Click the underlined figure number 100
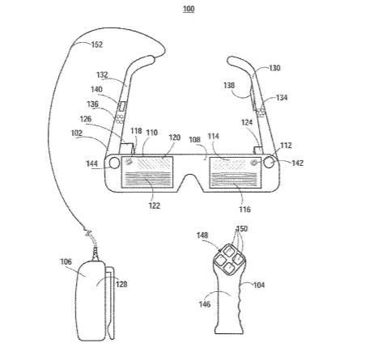189,9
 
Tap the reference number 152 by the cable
97,44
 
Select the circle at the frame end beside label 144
114,163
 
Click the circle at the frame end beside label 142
269,163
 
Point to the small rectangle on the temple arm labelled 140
122,106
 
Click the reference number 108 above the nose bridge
195,139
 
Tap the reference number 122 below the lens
154,205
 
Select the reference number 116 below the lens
244,210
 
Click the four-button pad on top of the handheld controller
229,260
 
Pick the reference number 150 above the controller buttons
242,229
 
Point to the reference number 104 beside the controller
259,285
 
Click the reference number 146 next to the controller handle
205,304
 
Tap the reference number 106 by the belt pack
66,261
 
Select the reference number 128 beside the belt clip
121,284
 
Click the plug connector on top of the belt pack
95,254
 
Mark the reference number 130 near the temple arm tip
274,68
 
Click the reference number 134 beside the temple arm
282,97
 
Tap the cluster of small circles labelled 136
120,119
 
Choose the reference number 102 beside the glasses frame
77,133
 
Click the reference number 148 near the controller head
202,235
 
